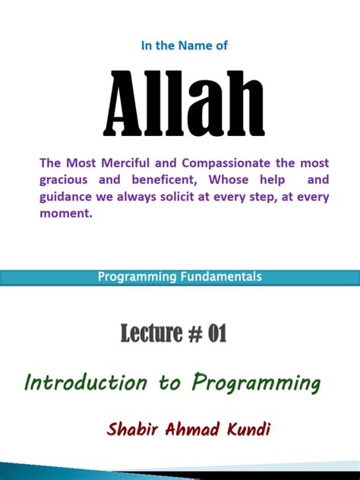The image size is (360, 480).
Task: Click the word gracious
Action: pos(66,180)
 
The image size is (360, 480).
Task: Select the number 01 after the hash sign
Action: pos(215,333)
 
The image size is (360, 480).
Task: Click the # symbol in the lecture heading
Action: pos(191,333)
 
